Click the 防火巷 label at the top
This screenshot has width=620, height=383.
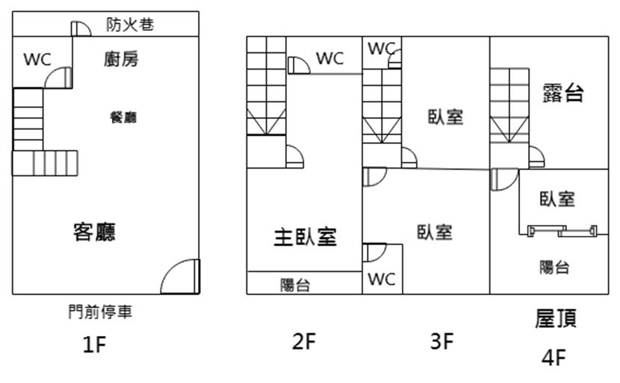[130, 25]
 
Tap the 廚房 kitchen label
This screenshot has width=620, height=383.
[121, 60]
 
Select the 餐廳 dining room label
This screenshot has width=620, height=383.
[123, 117]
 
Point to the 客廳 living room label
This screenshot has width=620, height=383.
[94, 232]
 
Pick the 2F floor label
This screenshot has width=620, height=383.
[304, 342]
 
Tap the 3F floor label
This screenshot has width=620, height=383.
[441, 342]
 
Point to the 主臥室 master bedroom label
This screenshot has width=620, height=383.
[305, 237]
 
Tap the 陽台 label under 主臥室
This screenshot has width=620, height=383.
[295, 284]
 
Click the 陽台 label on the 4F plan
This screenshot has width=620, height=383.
[554, 267]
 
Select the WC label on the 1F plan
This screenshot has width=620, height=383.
[37, 60]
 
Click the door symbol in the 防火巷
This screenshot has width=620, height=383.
[80, 28]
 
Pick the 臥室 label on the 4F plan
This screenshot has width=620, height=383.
[557, 199]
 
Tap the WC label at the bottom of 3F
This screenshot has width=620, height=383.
[381, 280]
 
